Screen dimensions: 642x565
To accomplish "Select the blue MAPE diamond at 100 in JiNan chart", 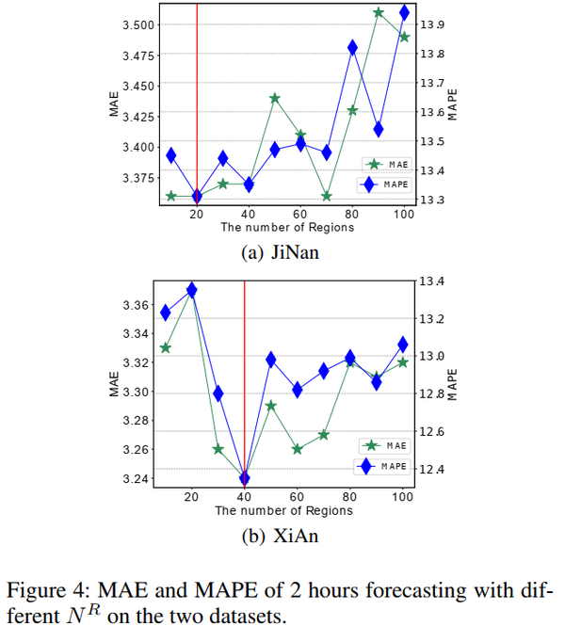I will [x=404, y=12].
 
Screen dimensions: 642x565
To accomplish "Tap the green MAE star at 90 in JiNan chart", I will [x=379, y=12].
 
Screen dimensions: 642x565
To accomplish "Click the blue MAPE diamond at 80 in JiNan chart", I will [x=352, y=48].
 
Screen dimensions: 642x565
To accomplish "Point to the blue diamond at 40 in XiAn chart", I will [x=245, y=478].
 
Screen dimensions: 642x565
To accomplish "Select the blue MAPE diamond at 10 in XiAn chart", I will [x=166, y=313].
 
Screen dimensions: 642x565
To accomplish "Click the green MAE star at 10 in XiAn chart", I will [x=166, y=347].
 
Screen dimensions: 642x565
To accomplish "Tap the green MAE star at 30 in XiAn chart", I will [x=218, y=449].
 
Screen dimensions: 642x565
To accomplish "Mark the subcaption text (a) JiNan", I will [x=283, y=252].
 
